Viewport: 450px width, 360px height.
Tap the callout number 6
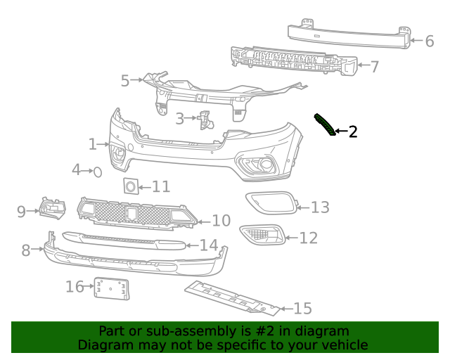(x=429, y=41)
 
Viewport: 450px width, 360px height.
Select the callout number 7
(x=374, y=67)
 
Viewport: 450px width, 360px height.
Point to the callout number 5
(x=125, y=81)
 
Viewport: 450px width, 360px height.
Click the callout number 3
(x=180, y=119)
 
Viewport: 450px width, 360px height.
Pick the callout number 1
(x=93, y=144)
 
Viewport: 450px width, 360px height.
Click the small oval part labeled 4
(x=98, y=171)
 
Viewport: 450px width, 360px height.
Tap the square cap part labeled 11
(x=130, y=186)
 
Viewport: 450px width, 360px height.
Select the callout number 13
(x=320, y=207)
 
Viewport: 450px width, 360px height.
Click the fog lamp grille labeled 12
(x=262, y=235)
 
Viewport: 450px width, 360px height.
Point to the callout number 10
(x=221, y=221)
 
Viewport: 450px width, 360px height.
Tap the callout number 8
(x=26, y=250)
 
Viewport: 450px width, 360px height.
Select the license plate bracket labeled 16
(x=112, y=288)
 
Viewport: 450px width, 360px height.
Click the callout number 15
(x=302, y=308)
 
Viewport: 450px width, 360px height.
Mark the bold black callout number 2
(x=352, y=131)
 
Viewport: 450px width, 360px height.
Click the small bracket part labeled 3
(x=205, y=120)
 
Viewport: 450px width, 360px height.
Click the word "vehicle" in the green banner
(x=344, y=345)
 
